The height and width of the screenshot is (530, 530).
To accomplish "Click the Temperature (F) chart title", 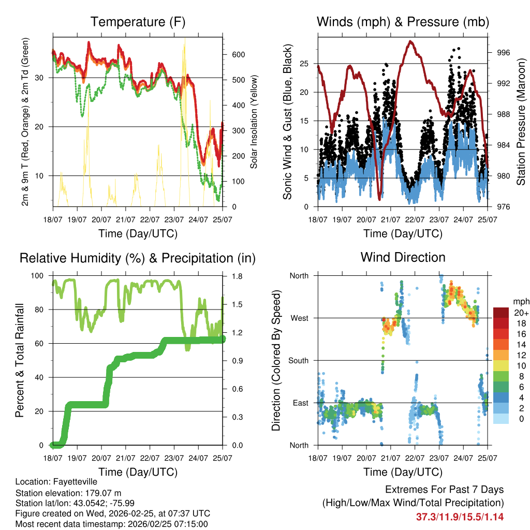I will click(138, 22).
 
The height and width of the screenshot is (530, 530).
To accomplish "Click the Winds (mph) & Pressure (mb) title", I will click(403, 22).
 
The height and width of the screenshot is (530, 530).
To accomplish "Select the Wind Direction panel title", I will click(403, 257).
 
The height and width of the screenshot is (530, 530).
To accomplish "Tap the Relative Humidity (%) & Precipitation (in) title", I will click(138, 258).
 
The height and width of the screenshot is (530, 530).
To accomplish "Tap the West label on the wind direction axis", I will click(299, 318).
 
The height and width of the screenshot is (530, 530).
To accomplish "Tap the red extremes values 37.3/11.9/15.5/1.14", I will click(460, 517).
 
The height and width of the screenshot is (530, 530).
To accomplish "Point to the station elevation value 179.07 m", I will click(106, 493).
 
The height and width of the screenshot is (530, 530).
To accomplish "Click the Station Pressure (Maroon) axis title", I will click(521, 122).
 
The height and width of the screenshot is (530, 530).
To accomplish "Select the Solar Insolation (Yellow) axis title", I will click(254, 122).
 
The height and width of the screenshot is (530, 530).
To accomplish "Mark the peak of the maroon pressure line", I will click(411, 41).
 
